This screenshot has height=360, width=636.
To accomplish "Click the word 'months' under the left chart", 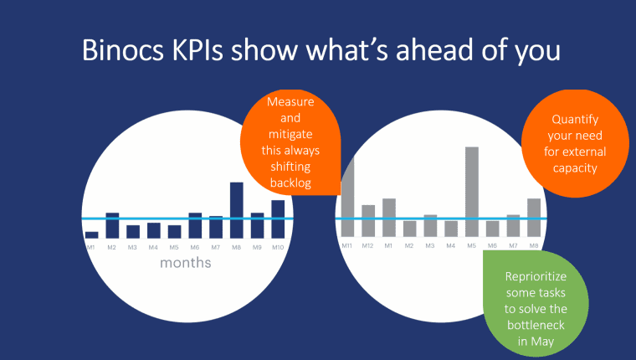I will tap(185, 263).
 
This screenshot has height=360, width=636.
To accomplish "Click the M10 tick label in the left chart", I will tap(278, 247).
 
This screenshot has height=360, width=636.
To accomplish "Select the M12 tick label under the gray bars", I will tap(368, 245).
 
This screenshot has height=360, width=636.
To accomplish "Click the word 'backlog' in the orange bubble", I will tap(290, 183).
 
